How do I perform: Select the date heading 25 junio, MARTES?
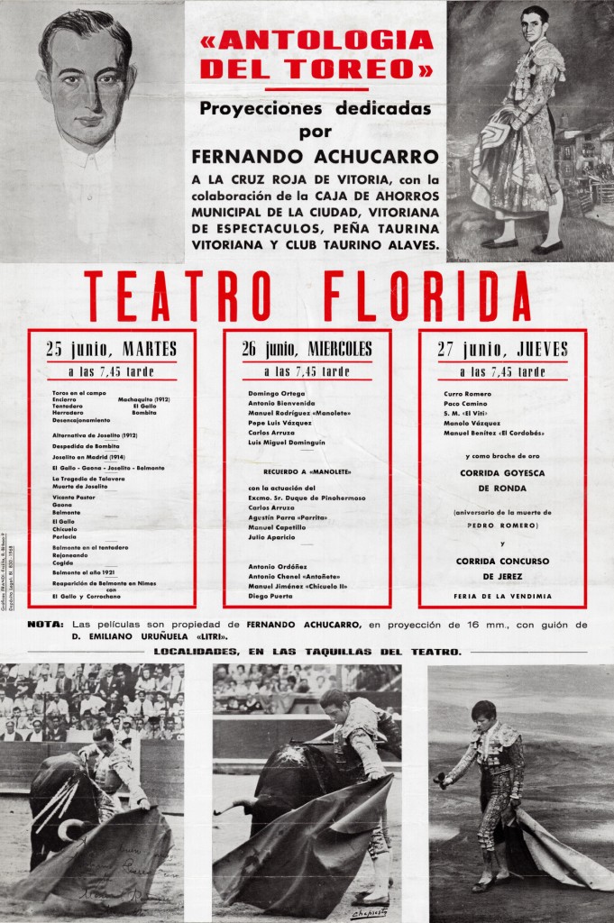click(111, 350)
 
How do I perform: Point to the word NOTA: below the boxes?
click(45, 624)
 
